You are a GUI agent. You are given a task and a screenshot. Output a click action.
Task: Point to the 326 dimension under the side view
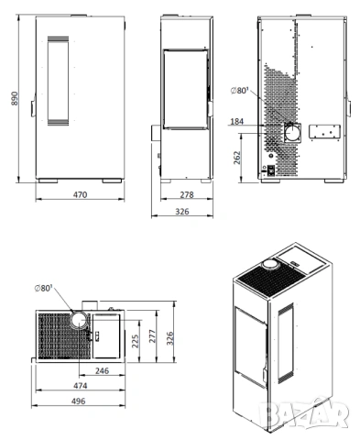click(183, 212)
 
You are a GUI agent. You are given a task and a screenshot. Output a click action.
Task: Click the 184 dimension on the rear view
click(237, 122)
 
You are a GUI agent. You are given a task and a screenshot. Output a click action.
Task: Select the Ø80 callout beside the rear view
click(242, 90)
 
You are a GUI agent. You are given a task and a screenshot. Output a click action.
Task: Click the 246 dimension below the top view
click(102, 371)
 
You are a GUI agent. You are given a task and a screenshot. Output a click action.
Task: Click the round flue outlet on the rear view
click(295, 132)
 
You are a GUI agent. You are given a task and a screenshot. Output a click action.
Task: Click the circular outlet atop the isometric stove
click(271, 266)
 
